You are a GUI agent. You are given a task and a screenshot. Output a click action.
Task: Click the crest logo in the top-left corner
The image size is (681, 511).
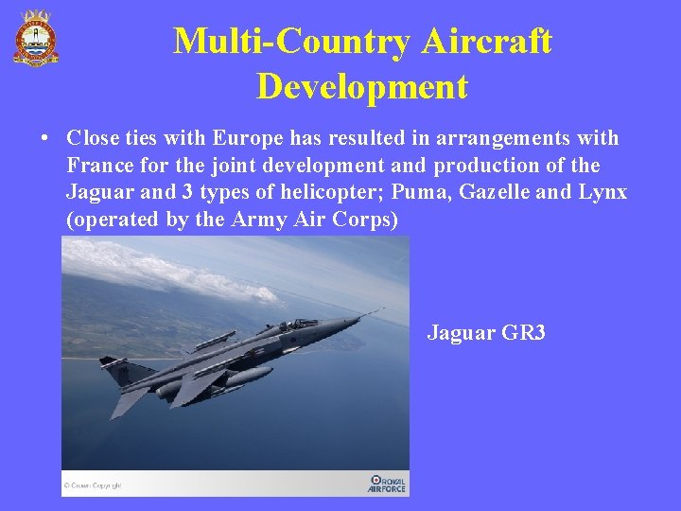click(35, 37)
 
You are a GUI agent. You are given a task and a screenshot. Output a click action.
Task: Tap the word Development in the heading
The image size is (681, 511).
click(361, 87)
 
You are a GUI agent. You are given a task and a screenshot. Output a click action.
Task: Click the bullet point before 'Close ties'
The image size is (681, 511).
click(44, 139)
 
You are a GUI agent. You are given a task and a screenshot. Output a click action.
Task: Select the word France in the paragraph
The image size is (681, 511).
click(98, 166)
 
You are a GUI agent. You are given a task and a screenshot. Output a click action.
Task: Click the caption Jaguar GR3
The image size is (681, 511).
click(486, 333)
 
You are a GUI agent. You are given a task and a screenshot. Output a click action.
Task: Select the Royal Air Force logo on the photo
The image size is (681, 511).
click(387, 483)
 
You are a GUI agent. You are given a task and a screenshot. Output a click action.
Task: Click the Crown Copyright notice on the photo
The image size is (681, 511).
click(93, 486)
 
